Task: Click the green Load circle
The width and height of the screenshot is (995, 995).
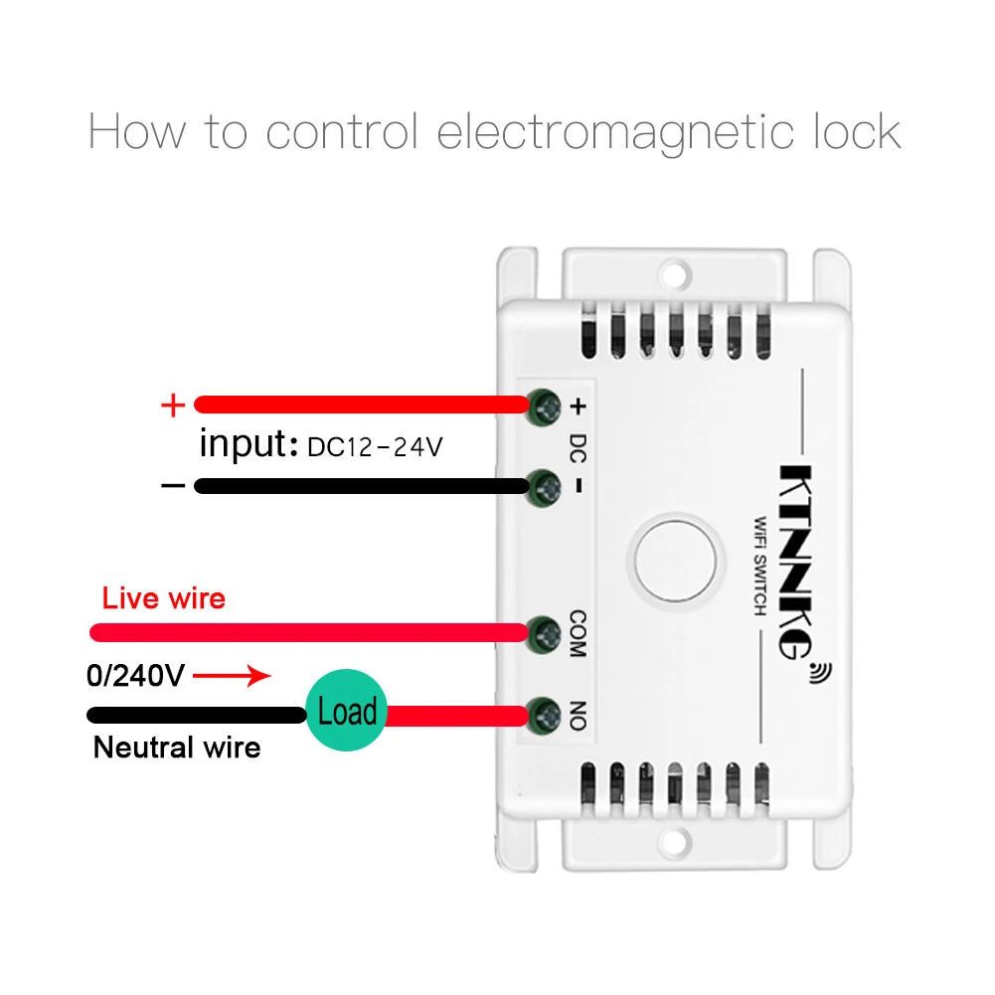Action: (x=346, y=712)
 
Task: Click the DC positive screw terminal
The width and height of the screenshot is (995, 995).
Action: (x=544, y=404)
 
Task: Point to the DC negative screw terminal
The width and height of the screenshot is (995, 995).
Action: (x=544, y=486)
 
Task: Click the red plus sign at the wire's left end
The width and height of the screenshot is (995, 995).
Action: (x=173, y=405)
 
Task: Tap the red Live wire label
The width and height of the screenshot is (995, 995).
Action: (x=164, y=598)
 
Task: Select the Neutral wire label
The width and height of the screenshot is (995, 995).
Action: (x=177, y=747)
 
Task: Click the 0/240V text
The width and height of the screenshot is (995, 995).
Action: (x=135, y=677)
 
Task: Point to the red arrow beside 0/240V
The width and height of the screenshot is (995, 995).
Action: (x=231, y=677)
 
